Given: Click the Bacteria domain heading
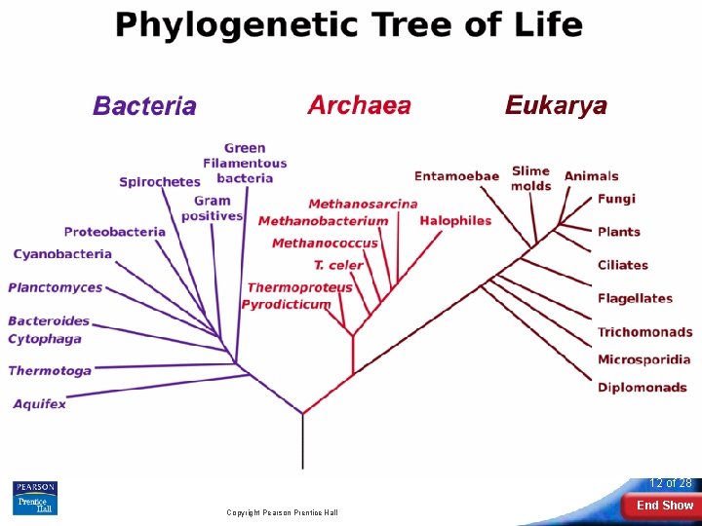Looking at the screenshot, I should pos(144,106).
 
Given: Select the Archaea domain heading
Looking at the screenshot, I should pos(359,105).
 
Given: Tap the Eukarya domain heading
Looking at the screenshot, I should pos(556,105).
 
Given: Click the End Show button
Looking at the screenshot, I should pos(664,506).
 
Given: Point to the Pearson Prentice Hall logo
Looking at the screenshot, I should pos(34,498).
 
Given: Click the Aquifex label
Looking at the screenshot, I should pos(39,403).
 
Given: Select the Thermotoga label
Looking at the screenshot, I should pos(50,370).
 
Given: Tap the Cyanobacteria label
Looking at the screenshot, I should pos(62,254).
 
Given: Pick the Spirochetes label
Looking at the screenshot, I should pos(160,181).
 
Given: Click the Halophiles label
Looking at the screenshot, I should pos(455,220).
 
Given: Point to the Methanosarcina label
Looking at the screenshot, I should pos(363,204).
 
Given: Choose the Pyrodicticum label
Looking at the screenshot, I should pos(286,304).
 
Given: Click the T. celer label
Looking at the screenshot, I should pos(338,264).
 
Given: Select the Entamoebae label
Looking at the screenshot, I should pos(456,176).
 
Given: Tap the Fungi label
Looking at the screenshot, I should pos(616,199).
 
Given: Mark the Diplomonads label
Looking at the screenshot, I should pos(643,387).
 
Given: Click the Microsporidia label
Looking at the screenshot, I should pos(643,359).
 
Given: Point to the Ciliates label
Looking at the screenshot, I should pos(622,265).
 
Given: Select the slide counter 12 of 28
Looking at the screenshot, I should pos(671,483).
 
